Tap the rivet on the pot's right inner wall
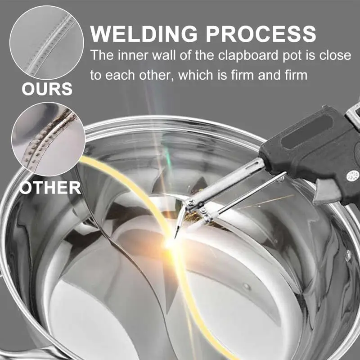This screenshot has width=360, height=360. click(x=348, y=255)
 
